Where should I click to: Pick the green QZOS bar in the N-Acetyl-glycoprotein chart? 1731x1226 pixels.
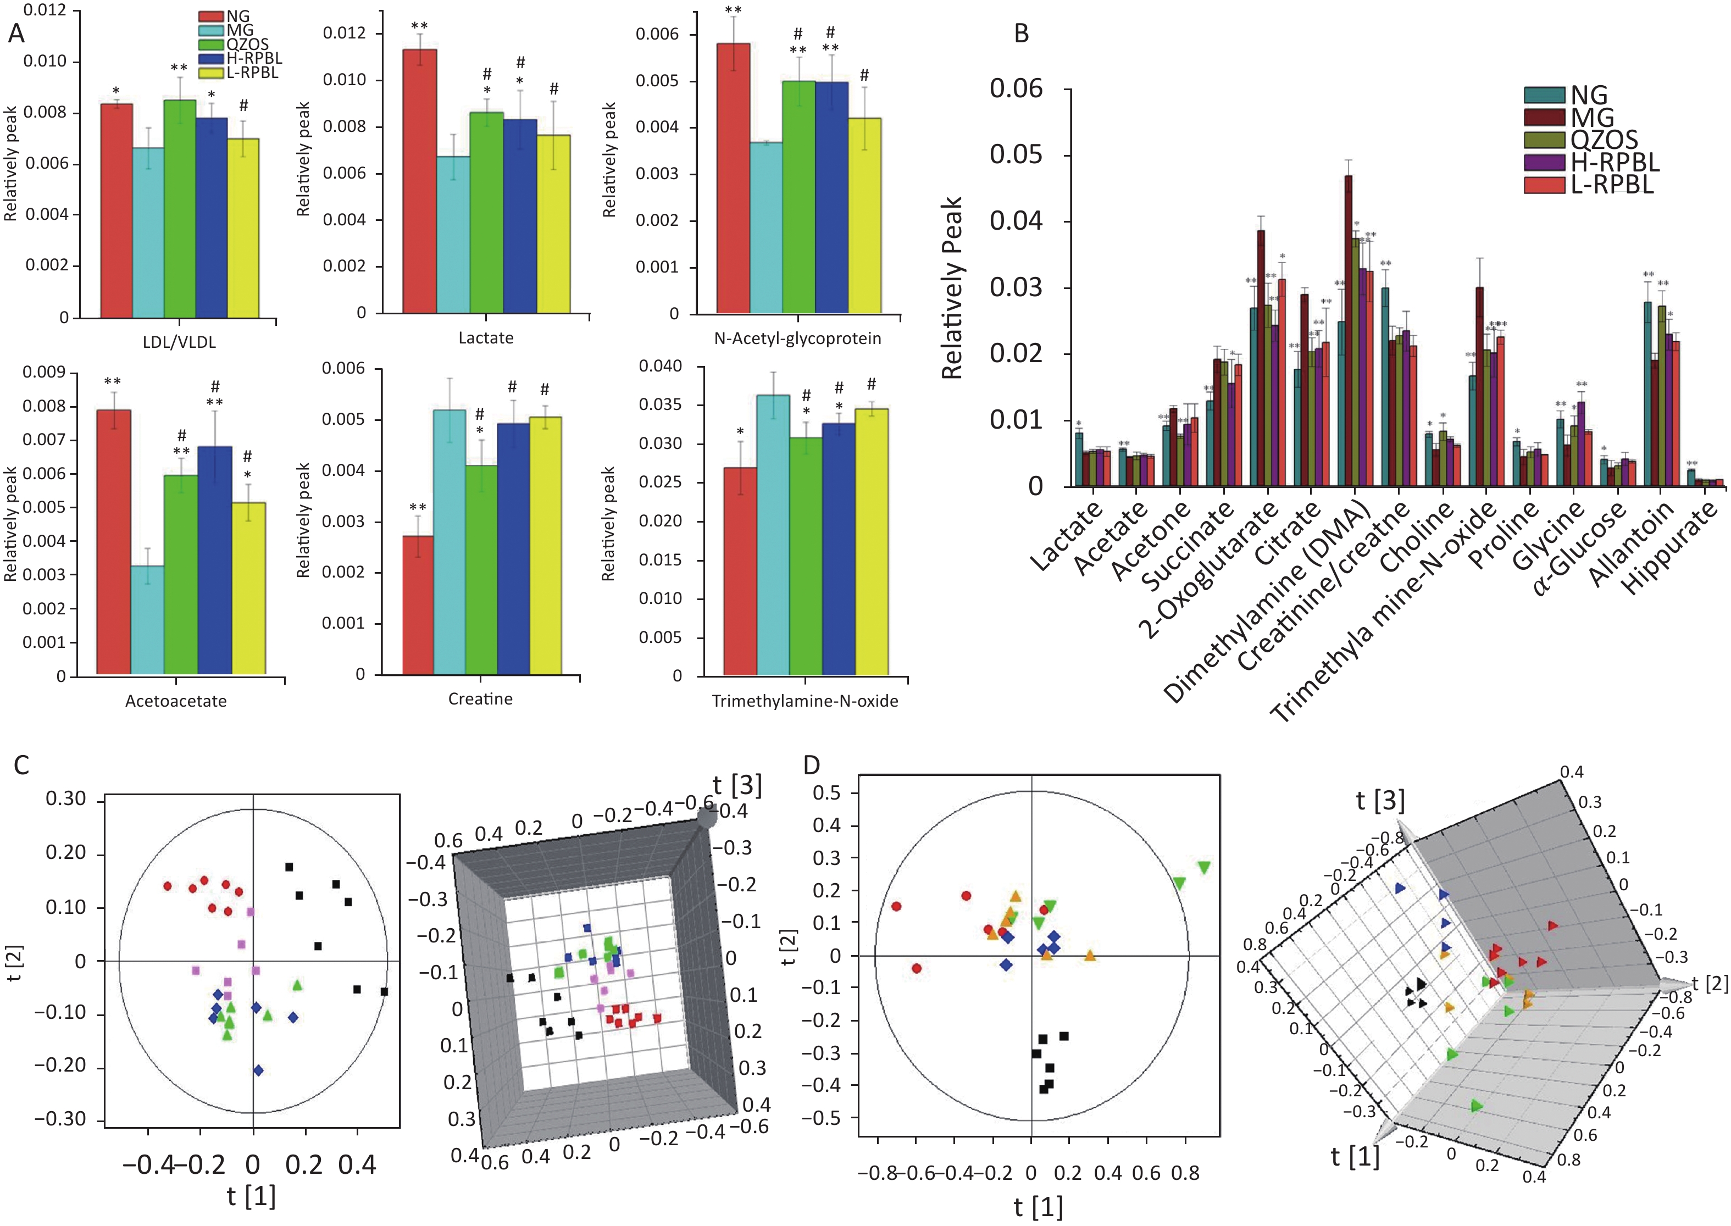(798, 196)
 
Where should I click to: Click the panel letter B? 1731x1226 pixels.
(1022, 34)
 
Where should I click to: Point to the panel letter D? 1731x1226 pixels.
(812, 765)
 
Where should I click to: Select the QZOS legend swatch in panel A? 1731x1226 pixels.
(210, 45)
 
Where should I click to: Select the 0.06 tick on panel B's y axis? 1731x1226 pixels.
(1016, 88)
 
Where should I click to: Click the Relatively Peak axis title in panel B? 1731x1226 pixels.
(953, 287)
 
